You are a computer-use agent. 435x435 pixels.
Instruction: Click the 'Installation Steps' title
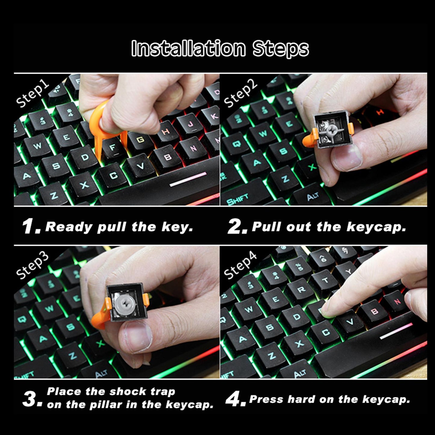point(220,48)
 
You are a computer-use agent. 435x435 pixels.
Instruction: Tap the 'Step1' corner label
point(32,94)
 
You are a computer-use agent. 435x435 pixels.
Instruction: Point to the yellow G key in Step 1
point(140,140)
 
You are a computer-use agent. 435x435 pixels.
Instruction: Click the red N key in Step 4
point(397,301)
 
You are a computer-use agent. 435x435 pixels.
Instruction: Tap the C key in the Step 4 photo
point(325,332)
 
